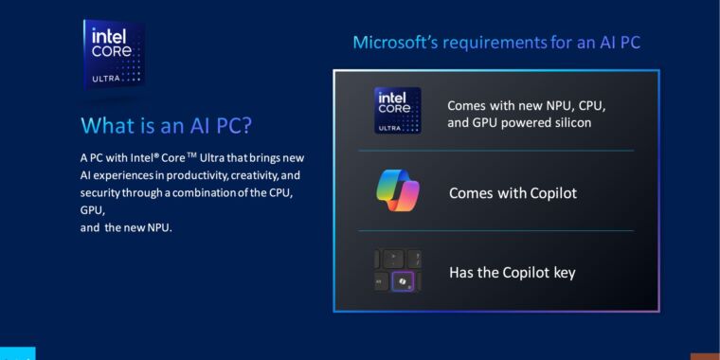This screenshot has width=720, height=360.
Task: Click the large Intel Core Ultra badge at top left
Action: pyautogui.click(x=113, y=54)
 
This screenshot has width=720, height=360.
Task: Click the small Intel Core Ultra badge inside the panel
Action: pyautogui.click(x=397, y=110)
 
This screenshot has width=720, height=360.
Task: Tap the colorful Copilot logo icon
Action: pyautogui.click(x=397, y=191)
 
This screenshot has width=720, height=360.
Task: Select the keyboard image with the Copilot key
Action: pyautogui.click(x=397, y=271)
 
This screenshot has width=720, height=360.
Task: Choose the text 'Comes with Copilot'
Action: pyautogui.click(x=513, y=193)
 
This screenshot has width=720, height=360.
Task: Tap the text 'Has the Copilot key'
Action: pyautogui.click(x=512, y=273)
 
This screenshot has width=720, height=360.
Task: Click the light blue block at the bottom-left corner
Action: pyautogui.click(x=17, y=353)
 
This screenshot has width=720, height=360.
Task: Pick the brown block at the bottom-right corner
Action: pyautogui.click(x=705, y=356)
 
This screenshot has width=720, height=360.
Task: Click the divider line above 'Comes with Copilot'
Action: pyautogui.click(x=495, y=151)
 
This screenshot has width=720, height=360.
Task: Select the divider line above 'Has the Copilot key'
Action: pyautogui.click(x=495, y=230)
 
